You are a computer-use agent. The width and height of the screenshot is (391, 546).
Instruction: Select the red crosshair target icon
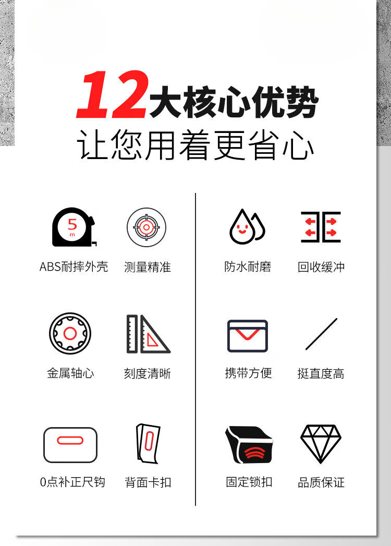click(146, 227)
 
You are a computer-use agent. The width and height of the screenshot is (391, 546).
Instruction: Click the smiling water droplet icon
click(247, 226)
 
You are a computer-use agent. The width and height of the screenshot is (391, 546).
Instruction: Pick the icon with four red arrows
click(321, 227)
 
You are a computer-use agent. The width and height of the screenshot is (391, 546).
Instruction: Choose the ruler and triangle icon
click(148, 334)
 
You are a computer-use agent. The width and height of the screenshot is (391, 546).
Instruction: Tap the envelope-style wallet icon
click(248, 336)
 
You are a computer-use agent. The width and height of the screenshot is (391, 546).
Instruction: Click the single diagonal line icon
click(321, 334)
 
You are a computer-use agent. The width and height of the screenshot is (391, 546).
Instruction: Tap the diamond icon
click(321, 444)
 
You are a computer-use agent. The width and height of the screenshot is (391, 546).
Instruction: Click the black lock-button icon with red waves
click(249, 444)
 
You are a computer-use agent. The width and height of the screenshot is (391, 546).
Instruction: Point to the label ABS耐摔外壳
click(74, 266)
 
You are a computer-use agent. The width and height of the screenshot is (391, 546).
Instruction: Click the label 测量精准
click(148, 267)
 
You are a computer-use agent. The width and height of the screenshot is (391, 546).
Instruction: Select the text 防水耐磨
click(248, 266)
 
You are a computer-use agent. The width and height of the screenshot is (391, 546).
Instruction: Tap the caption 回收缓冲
click(321, 267)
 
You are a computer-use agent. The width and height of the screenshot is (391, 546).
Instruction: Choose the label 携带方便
click(248, 373)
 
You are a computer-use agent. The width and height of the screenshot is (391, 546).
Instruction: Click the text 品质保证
click(321, 482)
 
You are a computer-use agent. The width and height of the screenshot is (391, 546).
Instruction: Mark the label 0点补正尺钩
click(73, 482)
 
